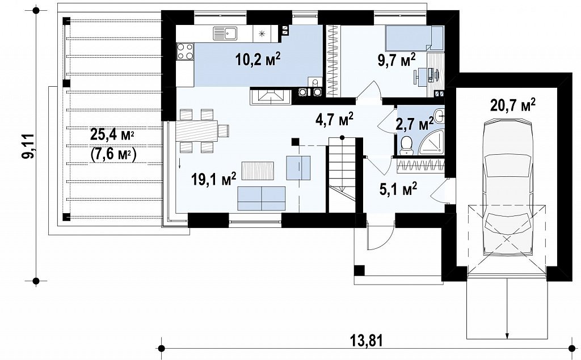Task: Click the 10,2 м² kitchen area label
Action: coord(258,59)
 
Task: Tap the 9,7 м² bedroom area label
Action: coord(397,60)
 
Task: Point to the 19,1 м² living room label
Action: coord(214,179)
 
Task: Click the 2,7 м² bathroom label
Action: coord(415,124)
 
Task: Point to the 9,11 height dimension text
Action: coord(27,146)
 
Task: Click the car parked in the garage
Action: coord(508,187)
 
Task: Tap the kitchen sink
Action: coord(225,33)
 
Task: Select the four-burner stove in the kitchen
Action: coord(185,51)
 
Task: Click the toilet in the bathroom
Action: coord(406,145)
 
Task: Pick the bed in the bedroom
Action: coord(414,38)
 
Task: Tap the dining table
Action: coord(197,130)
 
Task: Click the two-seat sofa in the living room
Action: coord(262,198)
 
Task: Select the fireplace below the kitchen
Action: coord(271,96)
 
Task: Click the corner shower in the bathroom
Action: coord(432,145)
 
